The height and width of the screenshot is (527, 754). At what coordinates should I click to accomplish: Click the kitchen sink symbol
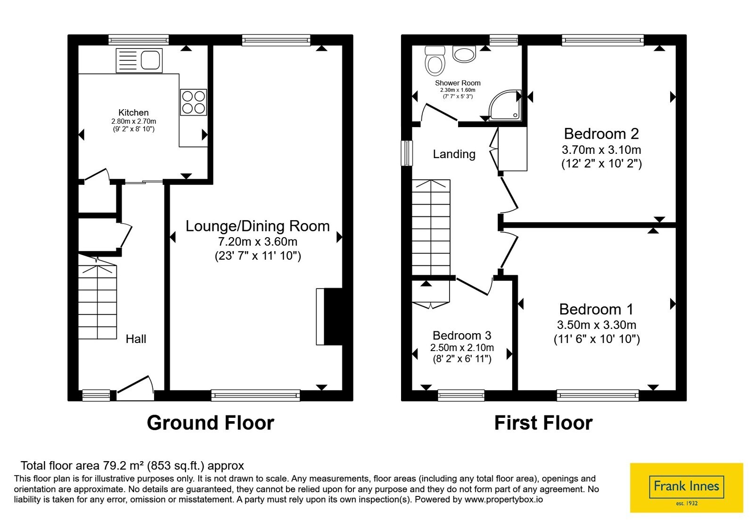pos(139,61)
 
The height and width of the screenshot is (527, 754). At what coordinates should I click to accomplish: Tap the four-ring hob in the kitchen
pos(193,102)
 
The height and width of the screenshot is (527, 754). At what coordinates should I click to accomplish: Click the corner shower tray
pos(505,105)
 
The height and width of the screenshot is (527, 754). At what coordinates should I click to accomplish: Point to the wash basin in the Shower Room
pos(464,54)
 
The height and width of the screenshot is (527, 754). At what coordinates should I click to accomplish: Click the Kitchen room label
pos(133,112)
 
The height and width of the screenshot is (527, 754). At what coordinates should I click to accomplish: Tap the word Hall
pos(136,339)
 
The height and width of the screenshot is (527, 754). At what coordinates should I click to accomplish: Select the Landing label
pos(454,154)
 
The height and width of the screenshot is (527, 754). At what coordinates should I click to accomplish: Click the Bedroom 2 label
pos(601,134)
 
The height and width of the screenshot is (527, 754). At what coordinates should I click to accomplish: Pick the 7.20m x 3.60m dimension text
pos(257,241)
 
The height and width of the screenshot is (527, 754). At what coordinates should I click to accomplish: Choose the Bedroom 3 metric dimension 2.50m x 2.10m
pos(462,347)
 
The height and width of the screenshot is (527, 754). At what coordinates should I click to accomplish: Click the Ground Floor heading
pos(210,423)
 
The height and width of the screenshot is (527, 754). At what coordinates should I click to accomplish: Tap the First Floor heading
pos(543,423)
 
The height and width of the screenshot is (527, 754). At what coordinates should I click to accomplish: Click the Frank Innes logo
pos(686,487)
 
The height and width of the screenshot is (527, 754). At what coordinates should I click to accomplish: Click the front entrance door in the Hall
pos(135,389)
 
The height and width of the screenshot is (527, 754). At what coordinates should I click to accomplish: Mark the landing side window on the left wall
pos(407,153)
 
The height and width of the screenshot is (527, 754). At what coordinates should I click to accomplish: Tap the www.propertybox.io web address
pos(504,499)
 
